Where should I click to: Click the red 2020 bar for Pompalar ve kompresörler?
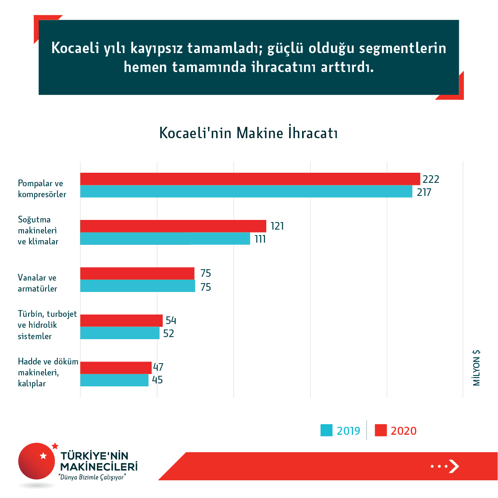click(250, 179)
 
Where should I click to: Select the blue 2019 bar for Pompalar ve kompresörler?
click(246, 192)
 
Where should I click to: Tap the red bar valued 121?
click(173, 226)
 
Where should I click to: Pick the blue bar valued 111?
click(165, 239)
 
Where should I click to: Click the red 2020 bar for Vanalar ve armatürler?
click(137, 273)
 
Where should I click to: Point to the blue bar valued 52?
click(120, 333)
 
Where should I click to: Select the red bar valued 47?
click(116, 368)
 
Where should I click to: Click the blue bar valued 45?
click(114, 380)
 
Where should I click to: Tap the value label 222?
click(431, 179)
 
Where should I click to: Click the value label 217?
click(424, 193)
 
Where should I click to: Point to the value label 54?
click(171, 321)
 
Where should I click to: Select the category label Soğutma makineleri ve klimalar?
click(38, 230)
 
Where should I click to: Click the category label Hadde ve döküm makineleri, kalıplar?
click(48, 372)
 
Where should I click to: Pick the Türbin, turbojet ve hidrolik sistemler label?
click(47, 325)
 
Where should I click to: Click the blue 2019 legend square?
click(327, 430)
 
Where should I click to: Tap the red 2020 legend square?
click(381, 430)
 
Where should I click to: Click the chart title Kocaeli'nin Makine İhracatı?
click(249, 133)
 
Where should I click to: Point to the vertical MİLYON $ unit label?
click(477, 368)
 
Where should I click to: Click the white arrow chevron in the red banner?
click(453, 466)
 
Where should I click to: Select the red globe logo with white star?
click(37, 461)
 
